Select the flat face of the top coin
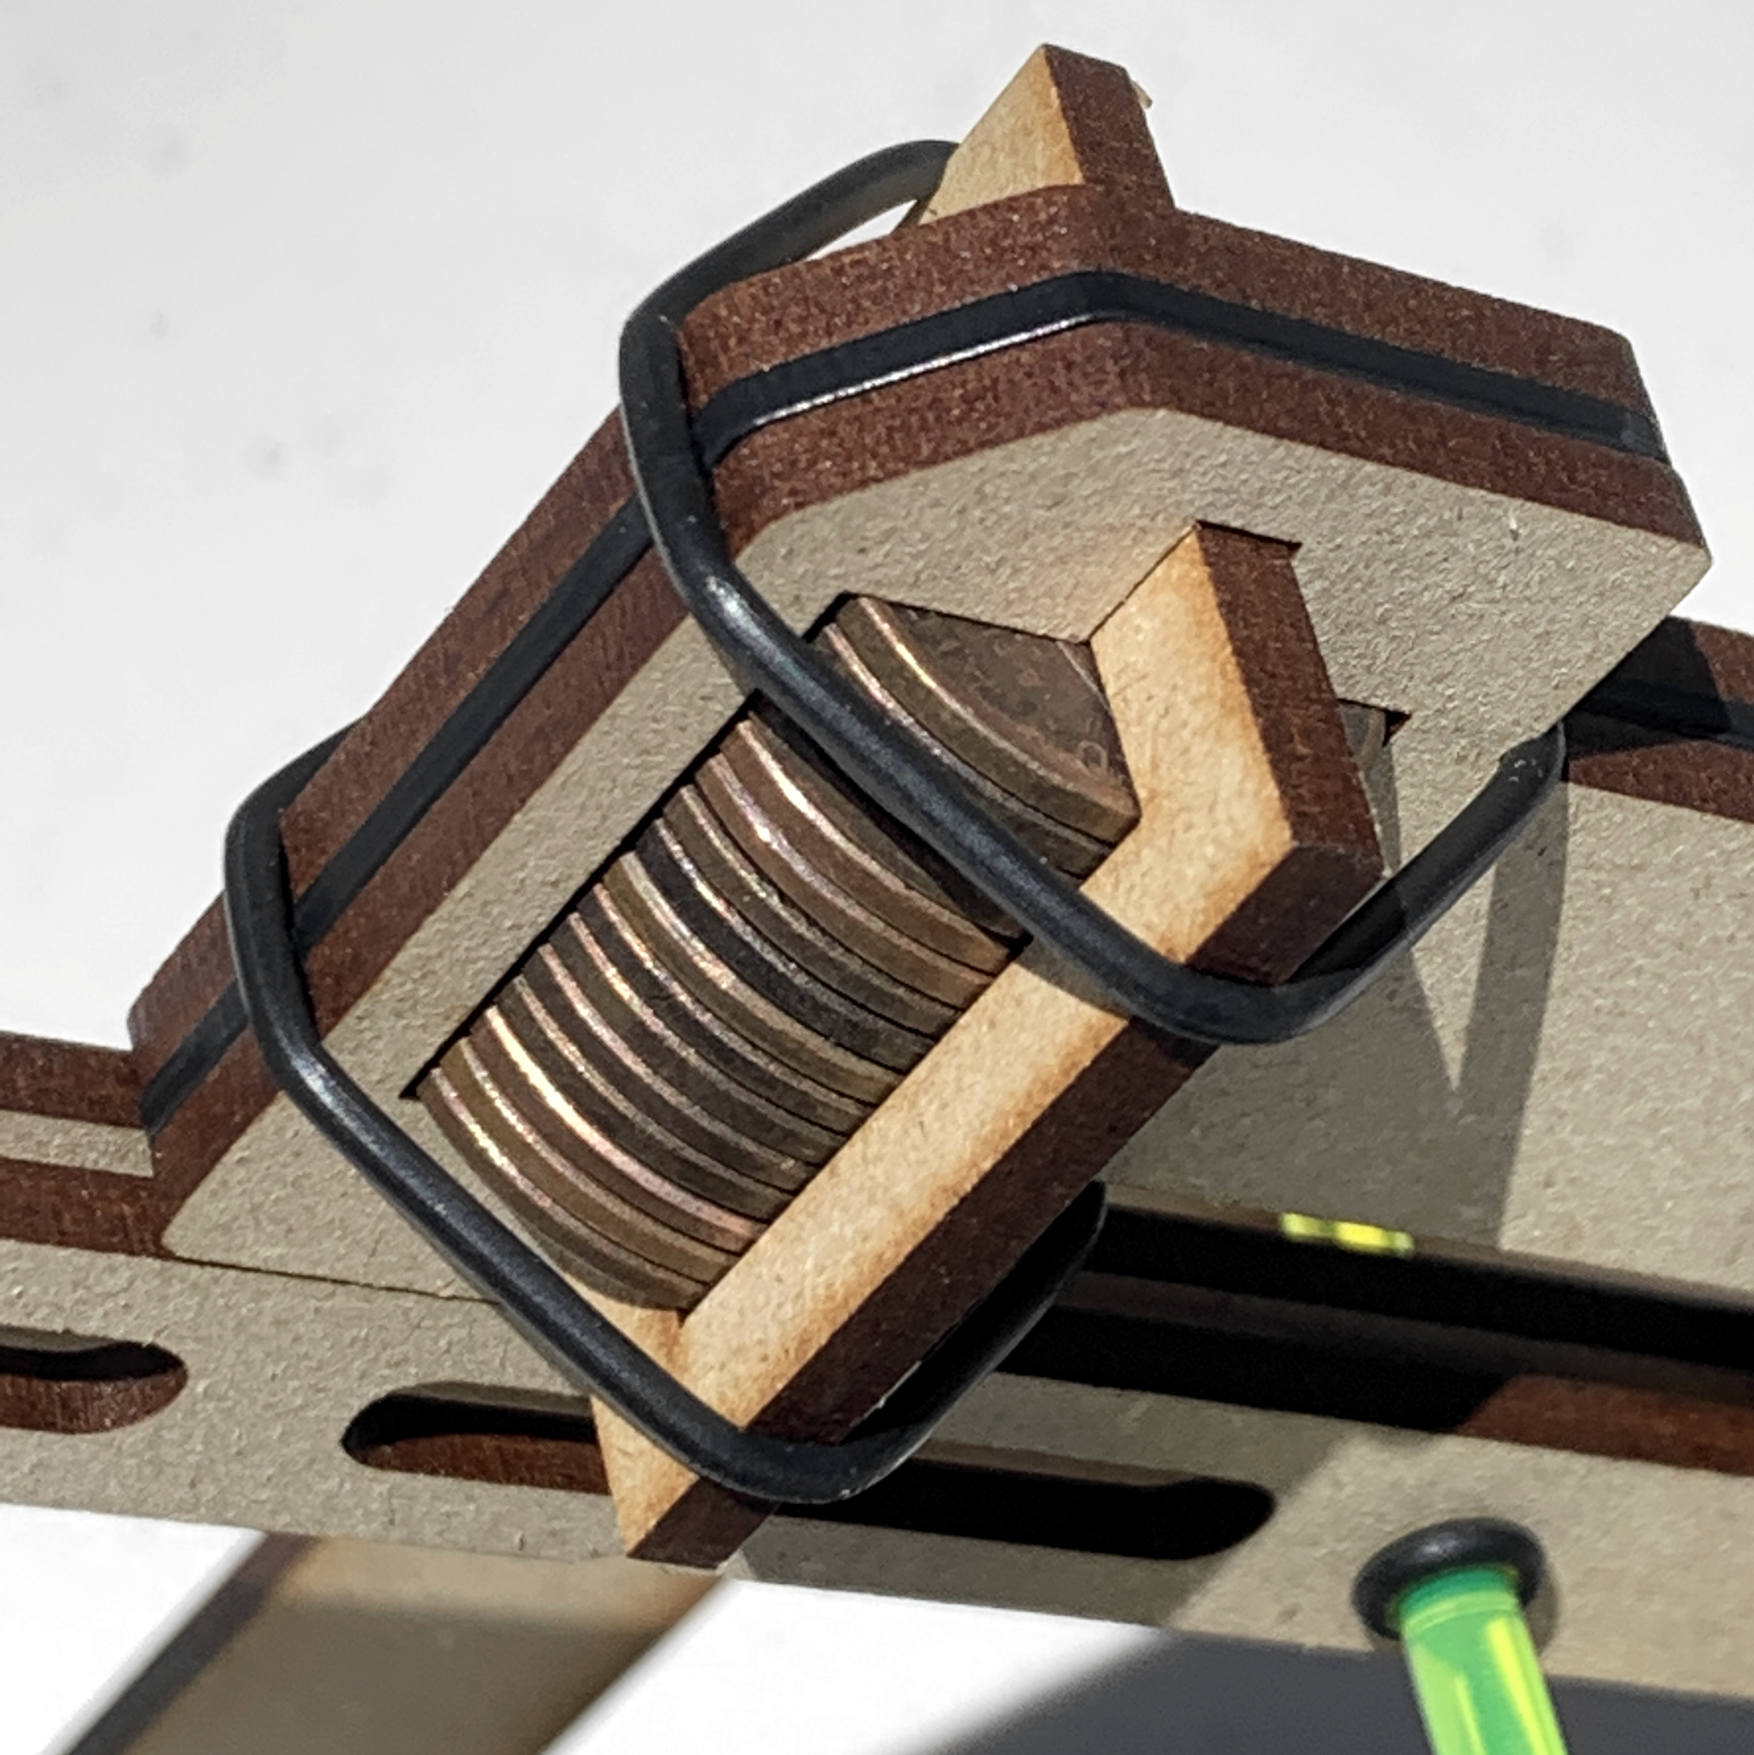point(1017,690)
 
